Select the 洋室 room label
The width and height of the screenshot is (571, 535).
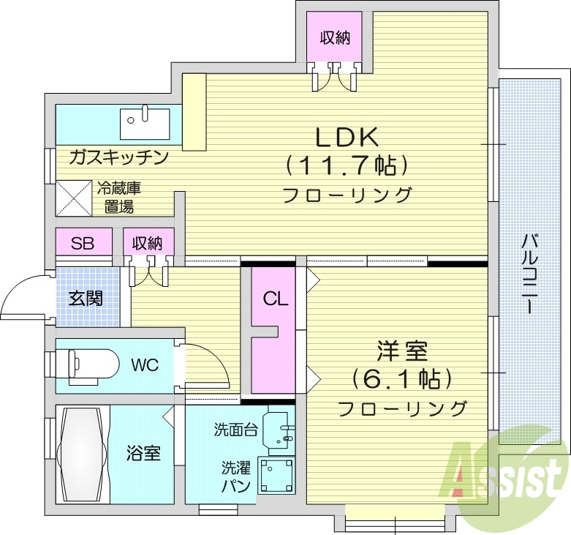pos(401,352)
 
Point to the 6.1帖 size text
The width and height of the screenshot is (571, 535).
pos(401,379)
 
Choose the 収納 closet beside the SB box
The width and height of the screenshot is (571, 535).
pos(148,243)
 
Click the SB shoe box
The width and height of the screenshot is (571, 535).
pos(83,243)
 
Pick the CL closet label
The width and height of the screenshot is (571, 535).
pos(275,299)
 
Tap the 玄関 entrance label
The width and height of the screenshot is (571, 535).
pos(86,299)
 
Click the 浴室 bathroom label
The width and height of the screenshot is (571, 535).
pos(143,454)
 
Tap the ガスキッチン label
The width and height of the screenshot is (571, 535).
pos(118,157)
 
